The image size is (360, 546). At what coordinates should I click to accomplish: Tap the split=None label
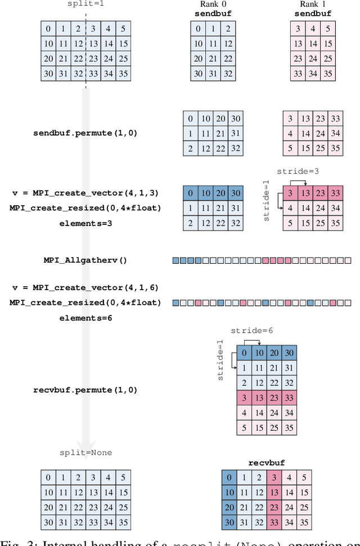(x=85, y=452)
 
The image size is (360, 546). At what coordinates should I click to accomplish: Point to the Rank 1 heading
(x=313, y=4)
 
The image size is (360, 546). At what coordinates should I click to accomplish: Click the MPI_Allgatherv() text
(x=85, y=260)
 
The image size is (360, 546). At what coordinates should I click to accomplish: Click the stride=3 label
(x=294, y=171)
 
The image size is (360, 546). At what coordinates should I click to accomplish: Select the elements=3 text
(x=85, y=223)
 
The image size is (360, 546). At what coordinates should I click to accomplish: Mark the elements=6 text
(x=85, y=318)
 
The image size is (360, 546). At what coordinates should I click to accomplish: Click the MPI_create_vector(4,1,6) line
(x=85, y=287)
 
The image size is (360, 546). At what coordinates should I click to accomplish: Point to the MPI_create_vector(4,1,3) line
(x=85, y=193)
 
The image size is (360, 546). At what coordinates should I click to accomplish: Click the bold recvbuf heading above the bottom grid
(x=267, y=463)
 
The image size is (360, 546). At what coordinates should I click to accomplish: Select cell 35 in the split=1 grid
(x=122, y=73)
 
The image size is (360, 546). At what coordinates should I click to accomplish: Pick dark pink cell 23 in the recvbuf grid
(x=274, y=508)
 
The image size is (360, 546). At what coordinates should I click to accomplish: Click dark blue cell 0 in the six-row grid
(x=244, y=353)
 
